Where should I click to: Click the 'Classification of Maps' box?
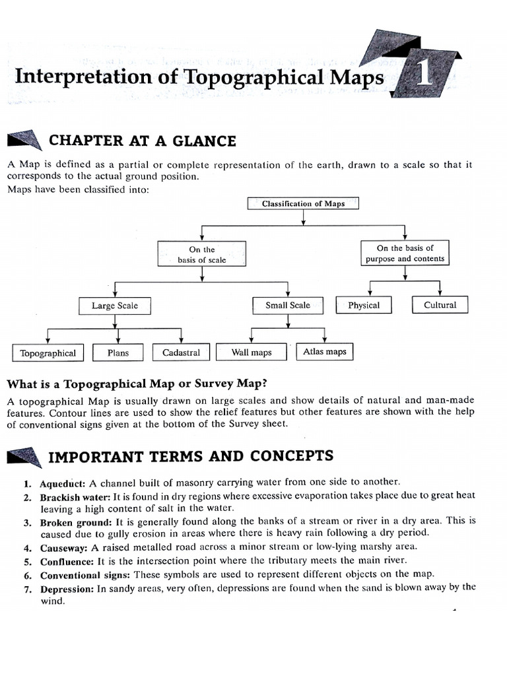click(303, 203)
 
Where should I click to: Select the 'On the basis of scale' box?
click(201, 254)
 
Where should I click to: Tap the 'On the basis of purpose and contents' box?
click(405, 253)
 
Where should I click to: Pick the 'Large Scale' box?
click(115, 306)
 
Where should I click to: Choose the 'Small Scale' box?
click(287, 305)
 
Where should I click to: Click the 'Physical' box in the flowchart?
click(364, 305)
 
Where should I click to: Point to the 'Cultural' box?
click(440, 305)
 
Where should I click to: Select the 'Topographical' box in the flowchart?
click(48, 353)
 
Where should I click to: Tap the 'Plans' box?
click(118, 353)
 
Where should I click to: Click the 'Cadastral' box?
click(181, 353)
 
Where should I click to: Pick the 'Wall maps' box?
click(252, 353)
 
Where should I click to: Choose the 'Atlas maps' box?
click(324, 352)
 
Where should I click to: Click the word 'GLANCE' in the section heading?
click(207, 141)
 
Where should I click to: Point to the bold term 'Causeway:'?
click(64, 547)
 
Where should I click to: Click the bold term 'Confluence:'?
click(67, 561)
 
